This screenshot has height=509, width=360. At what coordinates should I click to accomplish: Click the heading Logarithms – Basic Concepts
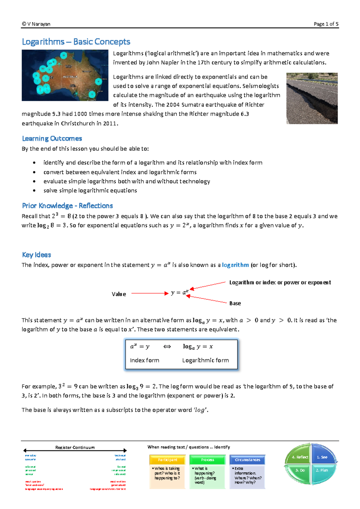(x=76, y=42)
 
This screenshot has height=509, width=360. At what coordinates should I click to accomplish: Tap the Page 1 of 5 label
(x=326, y=24)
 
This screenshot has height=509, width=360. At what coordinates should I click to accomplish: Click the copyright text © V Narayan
(x=36, y=24)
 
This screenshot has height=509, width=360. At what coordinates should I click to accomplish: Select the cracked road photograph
(x=312, y=98)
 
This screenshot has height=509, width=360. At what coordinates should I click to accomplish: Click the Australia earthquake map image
(x=65, y=75)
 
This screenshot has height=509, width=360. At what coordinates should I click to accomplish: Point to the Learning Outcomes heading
(x=52, y=138)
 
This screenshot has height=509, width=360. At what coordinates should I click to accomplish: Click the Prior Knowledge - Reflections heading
(x=67, y=206)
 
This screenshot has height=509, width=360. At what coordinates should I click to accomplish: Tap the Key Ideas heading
(x=36, y=255)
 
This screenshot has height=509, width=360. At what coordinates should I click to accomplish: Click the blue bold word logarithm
(x=235, y=265)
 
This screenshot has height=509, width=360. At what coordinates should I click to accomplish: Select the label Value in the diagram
(x=119, y=294)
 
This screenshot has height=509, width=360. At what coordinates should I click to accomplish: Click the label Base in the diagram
(x=235, y=303)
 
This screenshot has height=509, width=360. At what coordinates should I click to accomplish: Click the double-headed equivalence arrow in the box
(x=167, y=347)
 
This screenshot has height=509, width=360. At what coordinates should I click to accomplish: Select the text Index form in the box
(x=144, y=360)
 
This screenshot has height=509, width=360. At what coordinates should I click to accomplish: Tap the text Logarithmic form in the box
(x=205, y=360)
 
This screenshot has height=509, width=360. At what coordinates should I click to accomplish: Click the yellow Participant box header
(x=167, y=460)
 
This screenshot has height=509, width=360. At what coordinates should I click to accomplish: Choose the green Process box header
(x=207, y=460)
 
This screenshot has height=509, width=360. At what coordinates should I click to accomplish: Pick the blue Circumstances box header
(x=247, y=460)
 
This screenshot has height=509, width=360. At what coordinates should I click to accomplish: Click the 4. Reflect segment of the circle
(x=300, y=457)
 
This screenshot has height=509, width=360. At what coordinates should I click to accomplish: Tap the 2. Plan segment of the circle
(x=322, y=470)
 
